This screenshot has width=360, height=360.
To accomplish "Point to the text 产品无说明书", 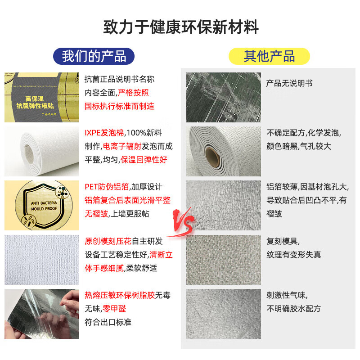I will pyautogui.click(x=289, y=83).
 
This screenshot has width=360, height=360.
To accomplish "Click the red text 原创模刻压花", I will pyautogui.click(x=111, y=241).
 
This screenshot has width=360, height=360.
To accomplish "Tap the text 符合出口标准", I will pyautogui.click(x=108, y=322).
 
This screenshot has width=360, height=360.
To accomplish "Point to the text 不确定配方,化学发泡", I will pyautogui.click(x=304, y=133).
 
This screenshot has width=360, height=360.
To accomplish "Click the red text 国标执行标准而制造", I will pyautogui.click(x=120, y=106).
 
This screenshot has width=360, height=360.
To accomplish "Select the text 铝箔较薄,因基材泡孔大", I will pyautogui.click(x=307, y=187).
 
